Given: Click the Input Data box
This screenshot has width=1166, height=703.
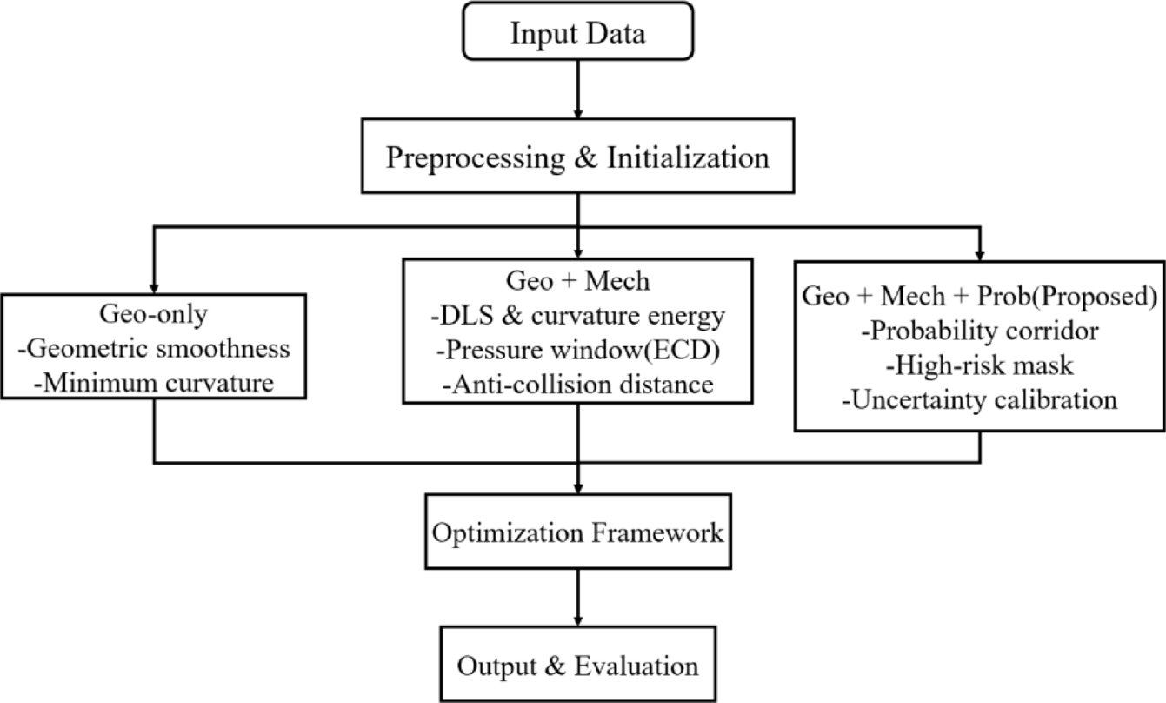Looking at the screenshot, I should pyautogui.click(x=578, y=35).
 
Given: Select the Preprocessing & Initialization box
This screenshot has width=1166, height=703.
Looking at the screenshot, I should pyautogui.click(x=578, y=159).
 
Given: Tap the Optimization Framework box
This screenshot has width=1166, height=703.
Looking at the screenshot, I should pyautogui.click(x=578, y=532).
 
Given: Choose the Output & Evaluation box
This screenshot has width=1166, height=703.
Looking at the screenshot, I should pyautogui.click(x=578, y=666).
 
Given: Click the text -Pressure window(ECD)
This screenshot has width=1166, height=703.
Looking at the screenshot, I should pyautogui.click(x=578, y=350).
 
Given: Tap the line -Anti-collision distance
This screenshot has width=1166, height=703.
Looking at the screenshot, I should pyautogui.click(x=578, y=384).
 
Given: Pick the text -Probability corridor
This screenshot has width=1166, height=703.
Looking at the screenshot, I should pyautogui.click(x=980, y=332).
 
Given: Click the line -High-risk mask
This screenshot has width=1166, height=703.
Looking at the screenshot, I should pyautogui.click(x=980, y=366).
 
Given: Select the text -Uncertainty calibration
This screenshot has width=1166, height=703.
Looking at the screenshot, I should pyautogui.click(x=980, y=400).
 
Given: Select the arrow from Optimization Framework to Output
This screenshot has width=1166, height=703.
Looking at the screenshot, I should pyautogui.click(x=578, y=596).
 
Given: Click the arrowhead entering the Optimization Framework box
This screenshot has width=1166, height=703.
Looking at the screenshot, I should pyautogui.click(x=578, y=487).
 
